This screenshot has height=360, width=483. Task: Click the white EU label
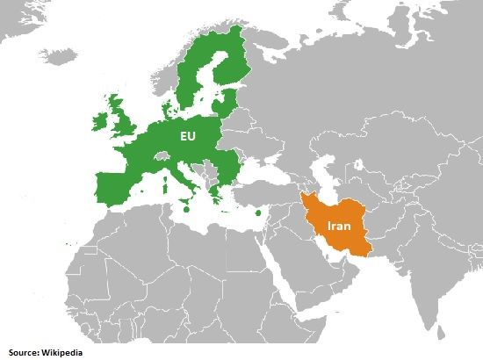(x=186, y=138)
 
